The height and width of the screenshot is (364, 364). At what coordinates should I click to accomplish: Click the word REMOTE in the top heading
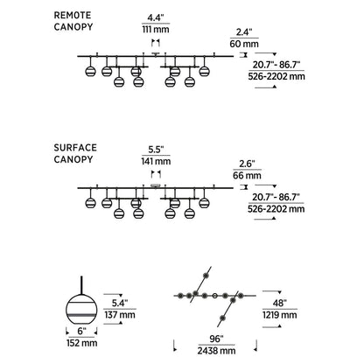(x=73, y=15)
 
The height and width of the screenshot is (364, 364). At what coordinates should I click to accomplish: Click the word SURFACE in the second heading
(x=75, y=148)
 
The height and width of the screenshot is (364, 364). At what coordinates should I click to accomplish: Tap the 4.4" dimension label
(x=156, y=17)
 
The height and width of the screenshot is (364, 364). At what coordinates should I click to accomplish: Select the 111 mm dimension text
(x=156, y=30)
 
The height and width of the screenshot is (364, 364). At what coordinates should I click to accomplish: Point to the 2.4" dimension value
(x=244, y=32)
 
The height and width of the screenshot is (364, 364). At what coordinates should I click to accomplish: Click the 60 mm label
(x=244, y=44)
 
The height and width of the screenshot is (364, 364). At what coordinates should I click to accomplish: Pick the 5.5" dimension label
(x=156, y=150)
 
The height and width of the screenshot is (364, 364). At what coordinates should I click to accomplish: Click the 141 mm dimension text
(x=156, y=161)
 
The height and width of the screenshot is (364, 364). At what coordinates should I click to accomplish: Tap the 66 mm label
(x=247, y=176)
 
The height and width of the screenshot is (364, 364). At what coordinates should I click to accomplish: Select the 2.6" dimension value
(x=247, y=164)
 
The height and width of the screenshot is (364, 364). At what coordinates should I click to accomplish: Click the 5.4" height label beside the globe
(x=120, y=303)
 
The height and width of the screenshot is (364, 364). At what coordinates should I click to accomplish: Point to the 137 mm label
(x=120, y=315)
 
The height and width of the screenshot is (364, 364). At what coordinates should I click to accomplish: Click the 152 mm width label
(x=82, y=343)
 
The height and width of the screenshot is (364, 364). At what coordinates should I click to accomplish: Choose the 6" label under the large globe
(x=82, y=332)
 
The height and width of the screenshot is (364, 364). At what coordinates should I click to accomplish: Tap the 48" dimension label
(x=279, y=303)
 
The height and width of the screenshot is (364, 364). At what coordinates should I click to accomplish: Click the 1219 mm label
(x=280, y=315)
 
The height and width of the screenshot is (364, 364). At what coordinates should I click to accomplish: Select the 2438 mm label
(x=216, y=351)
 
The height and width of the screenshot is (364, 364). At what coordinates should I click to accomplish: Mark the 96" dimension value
(x=216, y=339)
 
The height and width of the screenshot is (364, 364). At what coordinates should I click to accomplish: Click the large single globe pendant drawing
(x=81, y=305)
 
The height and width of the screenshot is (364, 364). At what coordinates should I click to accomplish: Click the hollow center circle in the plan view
(x=215, y=296)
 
